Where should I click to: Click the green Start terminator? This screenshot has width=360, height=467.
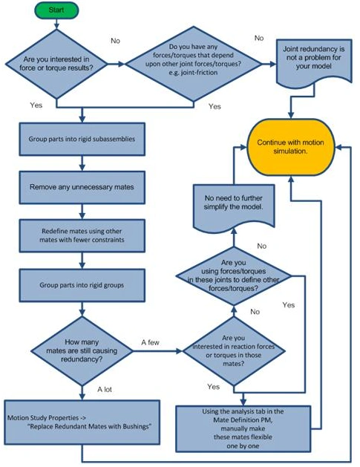(56, 10)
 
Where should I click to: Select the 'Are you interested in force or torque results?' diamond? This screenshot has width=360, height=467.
(56, 64)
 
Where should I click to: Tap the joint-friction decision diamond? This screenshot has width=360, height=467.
(193, 64)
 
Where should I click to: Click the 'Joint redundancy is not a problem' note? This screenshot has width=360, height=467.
(314, 61)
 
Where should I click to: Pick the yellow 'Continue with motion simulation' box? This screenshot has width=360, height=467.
(291, 147)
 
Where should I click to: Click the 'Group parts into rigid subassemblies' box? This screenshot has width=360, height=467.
(82, 139)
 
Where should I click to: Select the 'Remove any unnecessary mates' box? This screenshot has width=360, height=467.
(82, 187)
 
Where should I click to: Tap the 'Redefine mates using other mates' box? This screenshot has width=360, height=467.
(82, 235)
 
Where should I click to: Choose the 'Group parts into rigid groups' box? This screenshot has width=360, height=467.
(82, 285)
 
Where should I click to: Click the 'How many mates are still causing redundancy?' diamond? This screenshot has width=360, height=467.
(82, 351)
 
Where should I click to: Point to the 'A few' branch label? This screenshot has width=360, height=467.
(150, 342)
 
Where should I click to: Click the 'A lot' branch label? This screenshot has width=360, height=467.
(105, 389)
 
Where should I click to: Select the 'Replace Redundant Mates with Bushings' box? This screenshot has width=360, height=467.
(82, 422)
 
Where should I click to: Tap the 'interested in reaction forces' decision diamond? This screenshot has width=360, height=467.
(234, 351)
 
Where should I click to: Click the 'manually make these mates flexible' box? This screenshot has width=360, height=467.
(243, 429)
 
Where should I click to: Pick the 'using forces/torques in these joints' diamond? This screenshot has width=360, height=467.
(234, 275)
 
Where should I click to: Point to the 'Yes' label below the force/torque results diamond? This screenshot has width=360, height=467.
(36, 105)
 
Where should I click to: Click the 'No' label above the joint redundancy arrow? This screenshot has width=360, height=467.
(259, 38)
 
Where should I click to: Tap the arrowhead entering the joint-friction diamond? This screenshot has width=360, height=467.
(122, 64)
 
